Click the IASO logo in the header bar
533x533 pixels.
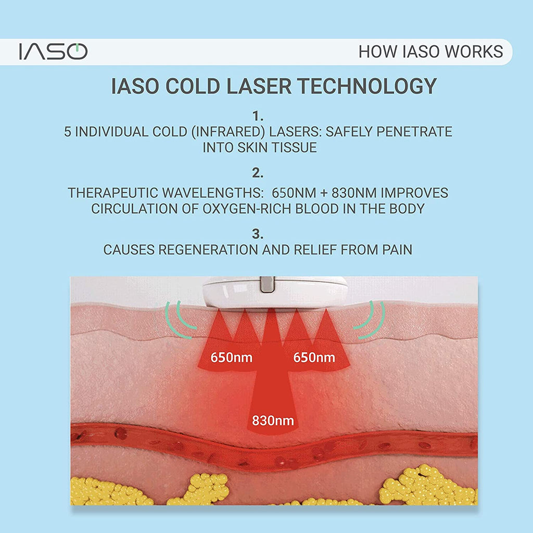(x=54, y=52)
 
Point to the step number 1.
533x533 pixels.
(x=258, y=116)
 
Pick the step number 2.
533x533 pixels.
(x=258, y=173)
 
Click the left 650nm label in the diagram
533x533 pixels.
(x=232, y=358)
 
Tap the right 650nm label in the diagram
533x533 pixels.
(x=314, y=358)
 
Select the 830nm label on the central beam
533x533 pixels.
(x=273, y=421)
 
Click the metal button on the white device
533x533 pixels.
(x=267, y=284)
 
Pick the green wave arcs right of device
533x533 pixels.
(x=369, y=320)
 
